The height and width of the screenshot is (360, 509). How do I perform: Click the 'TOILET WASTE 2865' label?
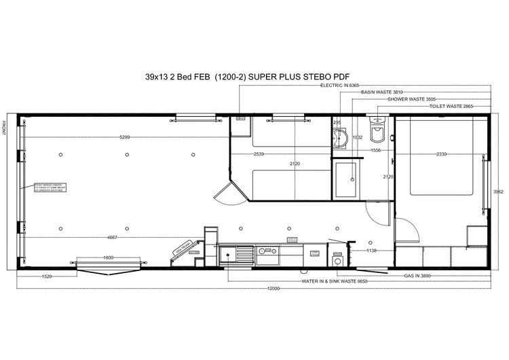[x=451, y=107]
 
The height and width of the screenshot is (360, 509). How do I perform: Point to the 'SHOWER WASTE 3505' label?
[x=412, y=99]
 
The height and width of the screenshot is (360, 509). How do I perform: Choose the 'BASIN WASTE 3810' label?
[x=382, y=92]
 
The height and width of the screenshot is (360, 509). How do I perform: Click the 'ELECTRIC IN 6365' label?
[x=339, y=85]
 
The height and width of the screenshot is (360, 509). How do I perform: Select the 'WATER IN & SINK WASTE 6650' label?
[x=335, y=281]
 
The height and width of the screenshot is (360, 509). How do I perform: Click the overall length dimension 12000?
[x=273, y=288]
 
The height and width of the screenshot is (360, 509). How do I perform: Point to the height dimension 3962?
[x=497, y=192]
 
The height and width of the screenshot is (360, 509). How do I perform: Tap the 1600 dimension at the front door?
[x=109, y=258]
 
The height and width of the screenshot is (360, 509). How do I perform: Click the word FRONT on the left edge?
[x=5, y=127]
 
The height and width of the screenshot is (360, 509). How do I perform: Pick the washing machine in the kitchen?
[x=337, y=259]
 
